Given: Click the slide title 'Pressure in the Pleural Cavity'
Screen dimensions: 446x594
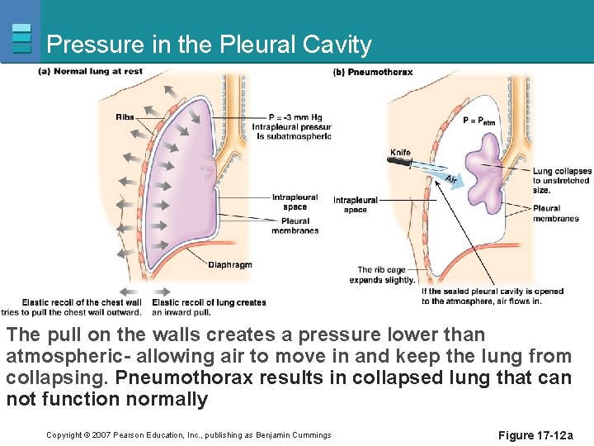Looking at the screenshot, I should click(x=209, y=44).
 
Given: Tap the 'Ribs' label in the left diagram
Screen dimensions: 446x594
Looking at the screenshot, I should click(x=125, y=117).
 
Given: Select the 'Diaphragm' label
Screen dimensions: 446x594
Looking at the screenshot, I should click(x=230, y=265).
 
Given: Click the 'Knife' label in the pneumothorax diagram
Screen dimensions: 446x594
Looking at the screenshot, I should click(x=400, y=153).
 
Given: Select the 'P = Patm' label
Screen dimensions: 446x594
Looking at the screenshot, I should click(x=478, y=121).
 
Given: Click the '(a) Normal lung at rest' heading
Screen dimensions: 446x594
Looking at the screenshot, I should click(x=90, y=71).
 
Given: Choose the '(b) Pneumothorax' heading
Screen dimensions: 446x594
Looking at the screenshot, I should click(x=373, y=72).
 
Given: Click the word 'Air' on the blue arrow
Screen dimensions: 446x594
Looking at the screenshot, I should click(x=450, y=178).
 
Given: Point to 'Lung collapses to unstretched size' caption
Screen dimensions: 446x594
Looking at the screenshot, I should click(x=561, y=180).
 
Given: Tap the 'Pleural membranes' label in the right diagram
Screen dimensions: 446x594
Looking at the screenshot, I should click(x=556, y=213).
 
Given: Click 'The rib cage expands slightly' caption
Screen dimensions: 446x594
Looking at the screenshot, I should click(x=386, y=275).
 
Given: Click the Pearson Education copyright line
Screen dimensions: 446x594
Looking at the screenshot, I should click(x=189, y=435).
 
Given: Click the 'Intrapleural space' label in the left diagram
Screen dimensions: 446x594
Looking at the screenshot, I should click(x=295, y=202).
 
